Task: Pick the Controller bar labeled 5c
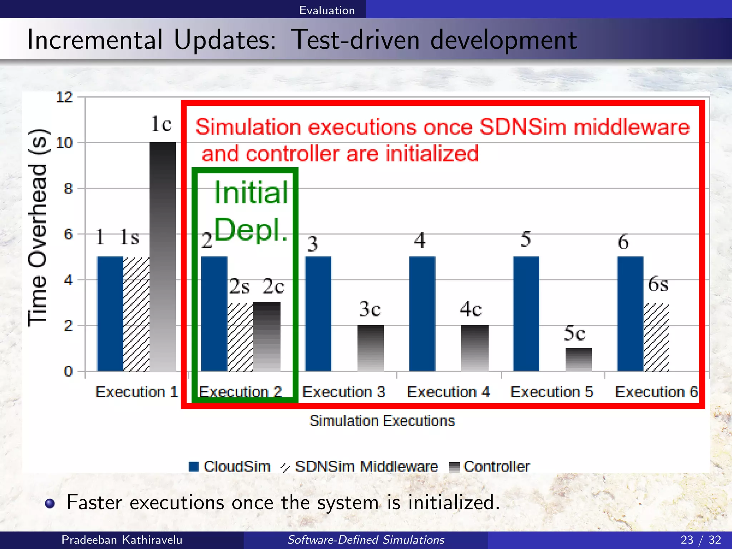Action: click(x=579, y=359)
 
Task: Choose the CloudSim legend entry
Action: click(x=230, y=466)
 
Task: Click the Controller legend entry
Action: click(x=490, y=466)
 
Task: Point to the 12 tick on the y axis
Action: click(x=64, y=97)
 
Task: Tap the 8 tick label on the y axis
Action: click(x=68, y=188)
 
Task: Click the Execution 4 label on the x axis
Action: click(x=448, y=392)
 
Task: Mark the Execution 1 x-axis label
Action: click(x=137, y=392)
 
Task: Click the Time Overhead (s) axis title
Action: click(x=38, y=227)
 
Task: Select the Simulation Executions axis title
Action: click(x=382, y=421)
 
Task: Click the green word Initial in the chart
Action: click(x=251, y=193)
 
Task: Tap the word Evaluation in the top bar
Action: click(x=327, y=10)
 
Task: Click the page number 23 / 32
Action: click(x=701, y=539)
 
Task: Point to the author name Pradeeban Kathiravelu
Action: click(x=122, y=539)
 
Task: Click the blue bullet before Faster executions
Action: click(x=50, y=503)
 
